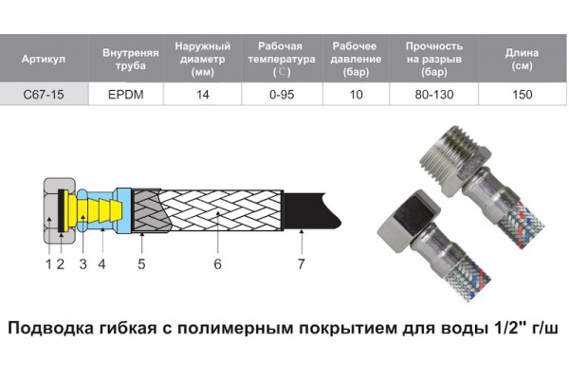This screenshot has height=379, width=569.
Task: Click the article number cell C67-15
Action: [x=44, y=95]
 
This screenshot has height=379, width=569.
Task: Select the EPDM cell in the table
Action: [x=126, y=95]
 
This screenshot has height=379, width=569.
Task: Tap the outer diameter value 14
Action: [x=203, y=95]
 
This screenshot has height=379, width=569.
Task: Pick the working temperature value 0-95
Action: [x=282, y=95]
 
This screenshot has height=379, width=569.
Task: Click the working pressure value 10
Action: [x=356, y=95]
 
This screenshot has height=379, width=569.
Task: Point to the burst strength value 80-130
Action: [x=434, y=95]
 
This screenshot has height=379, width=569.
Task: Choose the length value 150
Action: [x=523, y=95]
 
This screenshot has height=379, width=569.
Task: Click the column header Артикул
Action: [x=44, y=59]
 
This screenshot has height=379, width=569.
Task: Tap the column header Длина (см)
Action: [x=522, y=59]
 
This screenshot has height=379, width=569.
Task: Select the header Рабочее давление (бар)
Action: [x=356, y=59]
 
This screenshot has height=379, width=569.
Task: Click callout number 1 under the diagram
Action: [x=48, y=264]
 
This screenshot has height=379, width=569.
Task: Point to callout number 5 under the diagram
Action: [x=141, y=264]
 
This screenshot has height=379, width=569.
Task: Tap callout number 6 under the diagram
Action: [x=217, y=264]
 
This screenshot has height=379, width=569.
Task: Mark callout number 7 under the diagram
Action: [x=302, y=264]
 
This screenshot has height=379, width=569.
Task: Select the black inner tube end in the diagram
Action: [x=311, y=211]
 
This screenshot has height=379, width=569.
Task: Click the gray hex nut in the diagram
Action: [x=59, y=210]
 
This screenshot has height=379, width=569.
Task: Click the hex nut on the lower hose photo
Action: [x=409, y=219]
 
